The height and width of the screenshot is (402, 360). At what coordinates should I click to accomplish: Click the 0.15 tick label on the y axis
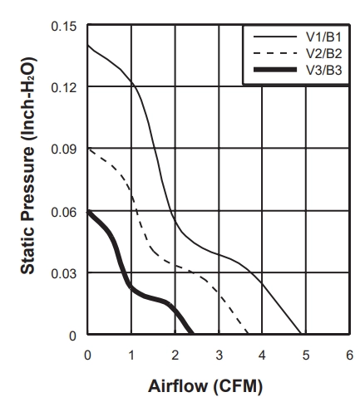pyautogui.click(x=63, y=27)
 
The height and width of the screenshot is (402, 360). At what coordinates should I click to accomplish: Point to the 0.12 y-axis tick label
pyautogui.click(x=63, y=87)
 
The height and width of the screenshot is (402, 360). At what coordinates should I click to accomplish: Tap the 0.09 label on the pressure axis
pyautogui.click(x=63, y=149)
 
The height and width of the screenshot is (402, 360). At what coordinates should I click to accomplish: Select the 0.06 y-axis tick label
pyautogui.click(x=63, y=213)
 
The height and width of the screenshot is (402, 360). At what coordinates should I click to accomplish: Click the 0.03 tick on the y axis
pyautogui.click(x=63, y=273)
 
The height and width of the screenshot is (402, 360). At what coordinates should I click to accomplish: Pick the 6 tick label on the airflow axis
pyautogui.click(x=350, y=355)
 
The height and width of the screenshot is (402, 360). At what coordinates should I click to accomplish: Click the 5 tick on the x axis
pyautogui.click(x=306, y=355)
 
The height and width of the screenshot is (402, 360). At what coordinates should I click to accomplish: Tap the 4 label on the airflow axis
pyautogui.click(x=262, y=355)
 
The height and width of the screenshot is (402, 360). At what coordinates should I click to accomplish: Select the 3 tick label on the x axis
pyautogui.click(x=219, y=355)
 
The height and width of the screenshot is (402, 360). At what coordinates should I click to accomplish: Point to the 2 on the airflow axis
pyautogui.click(x=175, y=355)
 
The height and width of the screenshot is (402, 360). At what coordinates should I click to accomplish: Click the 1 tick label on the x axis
pyautogui.click(x=131, y=355)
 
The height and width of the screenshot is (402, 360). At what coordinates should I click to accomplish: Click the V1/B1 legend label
pyautogui.click(x=323, y=37)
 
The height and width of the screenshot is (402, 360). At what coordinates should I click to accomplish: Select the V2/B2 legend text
pyautogui.click(x=323, y=53)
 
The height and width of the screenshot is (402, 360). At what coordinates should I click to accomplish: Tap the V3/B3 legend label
pyautogui.click(x=323, y=70)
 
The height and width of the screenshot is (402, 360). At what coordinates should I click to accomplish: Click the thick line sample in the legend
pyautogui.click(x=275, y=70)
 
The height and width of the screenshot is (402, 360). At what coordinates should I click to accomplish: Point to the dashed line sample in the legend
pyautogui.click(x=275, y=53)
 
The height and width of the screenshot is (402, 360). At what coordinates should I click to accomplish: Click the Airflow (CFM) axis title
pyautogui.click(x=205, y=386)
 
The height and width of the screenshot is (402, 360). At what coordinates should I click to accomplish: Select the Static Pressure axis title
pyautogui.click(x=28, y=166)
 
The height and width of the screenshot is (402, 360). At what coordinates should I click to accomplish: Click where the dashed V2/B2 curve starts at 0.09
pyautogui.click(x=88, y=149)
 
